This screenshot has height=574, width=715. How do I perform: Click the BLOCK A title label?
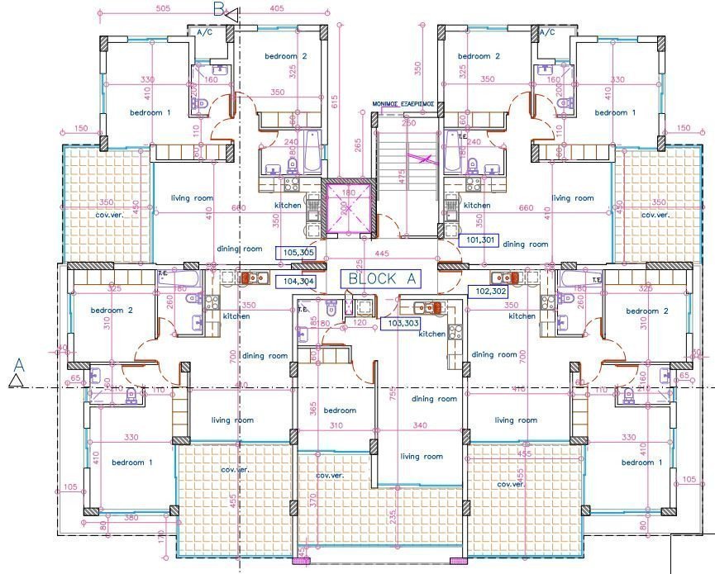382,279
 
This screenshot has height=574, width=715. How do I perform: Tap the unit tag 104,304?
298,281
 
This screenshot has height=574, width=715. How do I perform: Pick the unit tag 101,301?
480,241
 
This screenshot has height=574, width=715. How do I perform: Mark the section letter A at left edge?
19,363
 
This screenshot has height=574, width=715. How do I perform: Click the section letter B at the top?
219,9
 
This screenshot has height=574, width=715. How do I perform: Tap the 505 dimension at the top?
162,9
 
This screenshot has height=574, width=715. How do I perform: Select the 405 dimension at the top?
276,9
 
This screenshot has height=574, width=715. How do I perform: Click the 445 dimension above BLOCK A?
381,254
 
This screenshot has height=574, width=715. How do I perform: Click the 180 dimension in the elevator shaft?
348,192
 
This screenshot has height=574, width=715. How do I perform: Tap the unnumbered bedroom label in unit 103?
339,410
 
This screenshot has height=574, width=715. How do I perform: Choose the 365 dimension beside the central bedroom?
313,408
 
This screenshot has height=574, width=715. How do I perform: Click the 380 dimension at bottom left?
131,518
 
